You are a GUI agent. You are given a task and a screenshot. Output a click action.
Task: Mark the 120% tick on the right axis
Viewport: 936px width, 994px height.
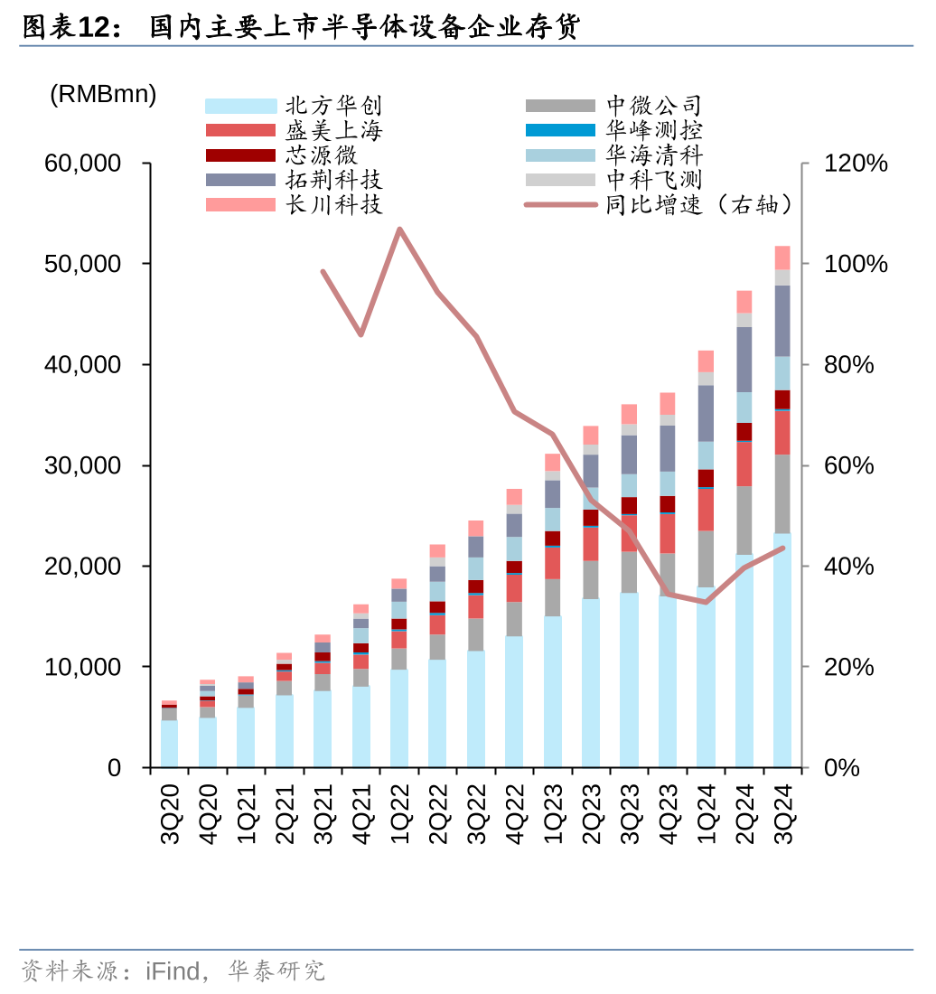click(856, 164)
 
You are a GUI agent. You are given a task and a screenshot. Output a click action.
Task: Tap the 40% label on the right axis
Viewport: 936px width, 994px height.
click(849, 567)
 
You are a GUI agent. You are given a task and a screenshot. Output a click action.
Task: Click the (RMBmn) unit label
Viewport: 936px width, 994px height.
click(103, 94)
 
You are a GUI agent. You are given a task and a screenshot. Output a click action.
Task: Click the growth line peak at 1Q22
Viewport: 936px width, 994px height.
click(399, 229)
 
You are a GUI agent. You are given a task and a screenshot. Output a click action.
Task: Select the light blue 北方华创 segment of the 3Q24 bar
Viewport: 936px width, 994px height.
click(782, 651)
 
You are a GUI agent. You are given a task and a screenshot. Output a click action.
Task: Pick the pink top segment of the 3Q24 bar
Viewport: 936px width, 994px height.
click(782, 258)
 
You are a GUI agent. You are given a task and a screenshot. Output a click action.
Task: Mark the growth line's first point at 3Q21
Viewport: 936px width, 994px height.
click(323, 271)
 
